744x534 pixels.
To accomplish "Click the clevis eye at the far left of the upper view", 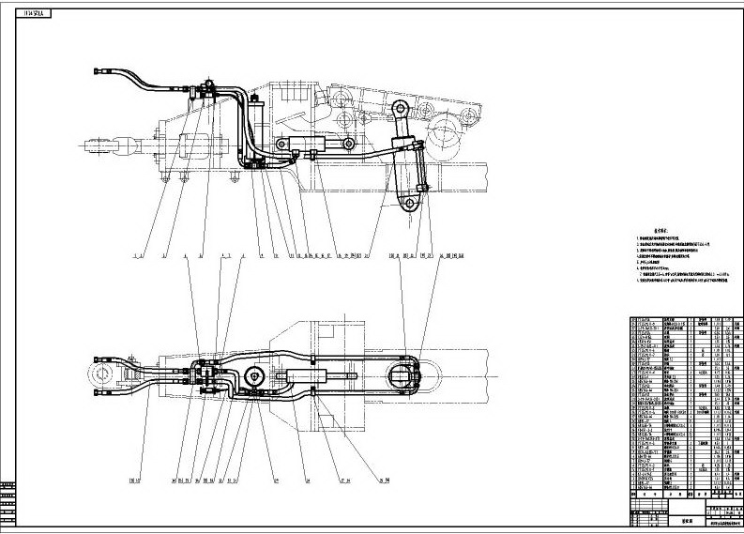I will [97, 145].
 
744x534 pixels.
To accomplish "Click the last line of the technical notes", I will [680, 292].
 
